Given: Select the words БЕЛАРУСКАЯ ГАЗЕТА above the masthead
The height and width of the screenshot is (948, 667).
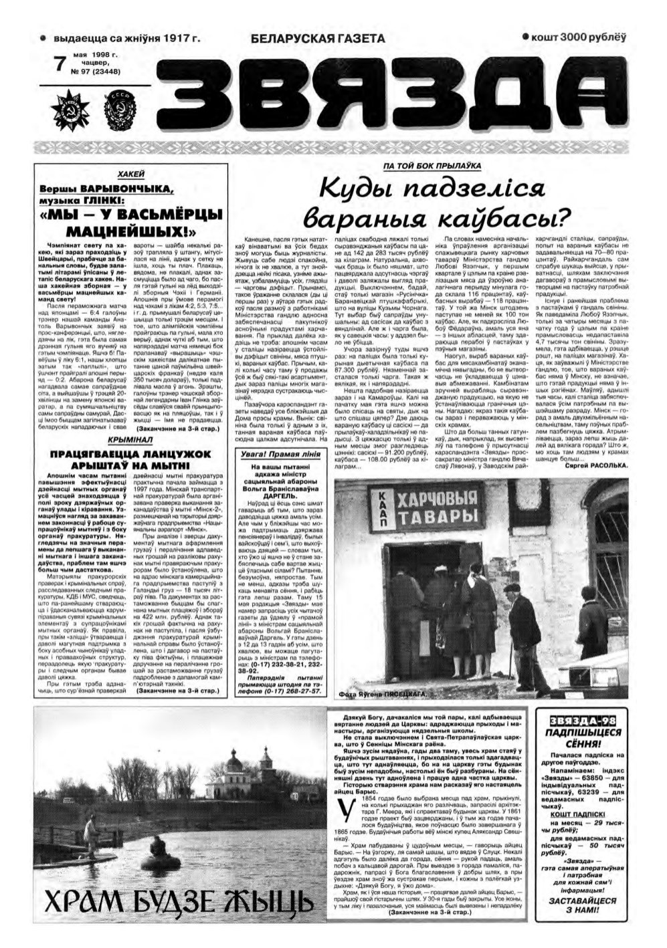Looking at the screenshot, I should click(318, 39).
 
